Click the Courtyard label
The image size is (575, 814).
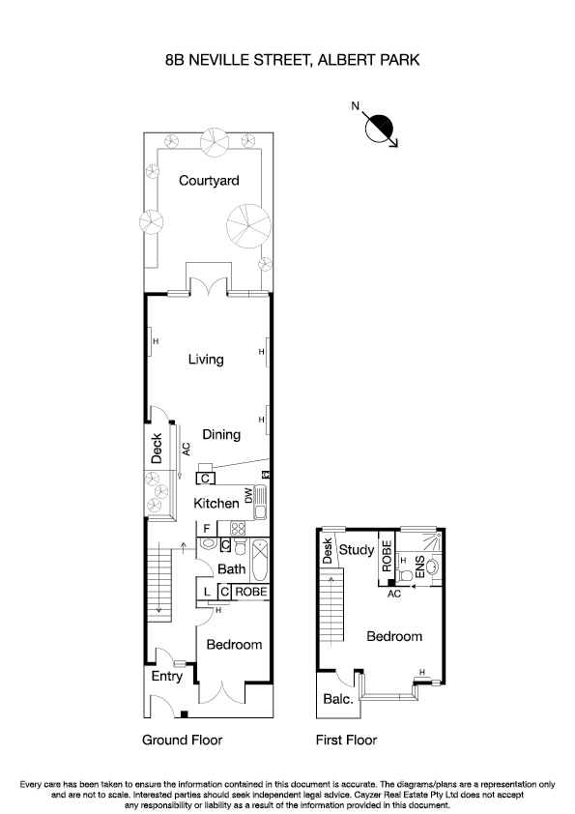pyautogui.click(x=209, y=181)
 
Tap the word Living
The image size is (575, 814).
pyautogui.click(x=206, y=360)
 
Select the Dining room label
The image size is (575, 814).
pyautogui.click(x=221, y=435)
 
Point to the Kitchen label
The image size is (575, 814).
pyautogui.click(x=216, y=504)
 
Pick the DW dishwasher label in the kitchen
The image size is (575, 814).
pyautogui.click(x=247, y=495)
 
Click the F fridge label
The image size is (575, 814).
pyautogui.click(x=207, y=528)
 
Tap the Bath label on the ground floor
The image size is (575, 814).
pyautogui.click(x=231, y=569)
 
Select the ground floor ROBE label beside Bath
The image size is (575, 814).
pyautogui.click(x=249, y=592)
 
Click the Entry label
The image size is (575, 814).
pyautogui.click(x=166, y=677)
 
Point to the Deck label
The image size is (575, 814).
pyautogui.click(x=157, y=448)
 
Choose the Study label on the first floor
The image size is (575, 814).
pyautogui.click(x=357, y=551)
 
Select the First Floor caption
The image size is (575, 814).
pyautogui.click(x=347, y=741)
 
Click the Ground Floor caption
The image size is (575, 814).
pyautogui.click(x=183, y=741)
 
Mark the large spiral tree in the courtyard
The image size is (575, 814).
pyautogui.click(x=245, y=224)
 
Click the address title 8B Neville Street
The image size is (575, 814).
pyautogui.click(x=292, y=59)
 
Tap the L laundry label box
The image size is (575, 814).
pyautogui.click(x=207, y=592)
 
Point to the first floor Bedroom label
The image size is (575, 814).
pyautogui.click(x=394, y=637)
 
